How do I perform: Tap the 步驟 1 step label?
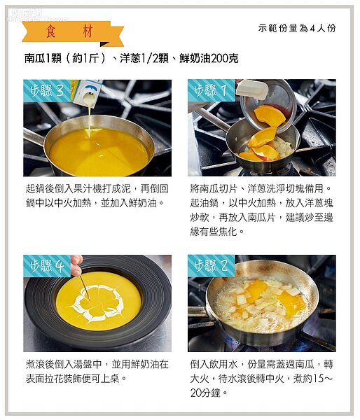[212, 90]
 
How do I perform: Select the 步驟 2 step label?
[212, 266]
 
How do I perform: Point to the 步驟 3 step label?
[47, 90]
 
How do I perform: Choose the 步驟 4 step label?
[47, 266]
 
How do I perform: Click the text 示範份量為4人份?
[297, 28]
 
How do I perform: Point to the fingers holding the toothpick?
[76, 265]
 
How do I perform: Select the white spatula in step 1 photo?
[252, 88]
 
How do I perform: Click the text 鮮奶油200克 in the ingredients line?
[209, 58]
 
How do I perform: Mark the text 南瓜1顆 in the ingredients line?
[43, 58]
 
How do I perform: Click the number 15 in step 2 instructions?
[319, 379]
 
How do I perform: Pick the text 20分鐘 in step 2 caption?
[205, 393]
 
